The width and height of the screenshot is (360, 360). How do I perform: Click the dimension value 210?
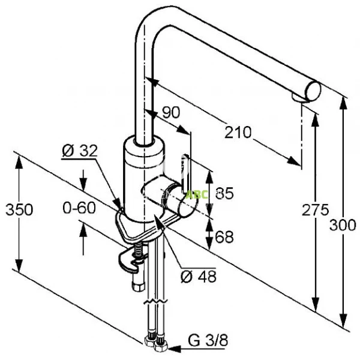pyautogui.click(x=238, y=131)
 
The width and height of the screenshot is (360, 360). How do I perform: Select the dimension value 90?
pyautogui.click(x=171, y=112)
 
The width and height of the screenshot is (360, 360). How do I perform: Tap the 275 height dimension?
pyautogui.click(x=316, y=209)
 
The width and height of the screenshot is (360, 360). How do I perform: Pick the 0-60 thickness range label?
pyautogui.click(x=79, y=208)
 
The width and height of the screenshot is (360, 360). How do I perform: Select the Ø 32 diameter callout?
pyautogui.click(x=79, y=151)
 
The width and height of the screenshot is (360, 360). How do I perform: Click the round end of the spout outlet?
pyautogui.click(x=314, y=91)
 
